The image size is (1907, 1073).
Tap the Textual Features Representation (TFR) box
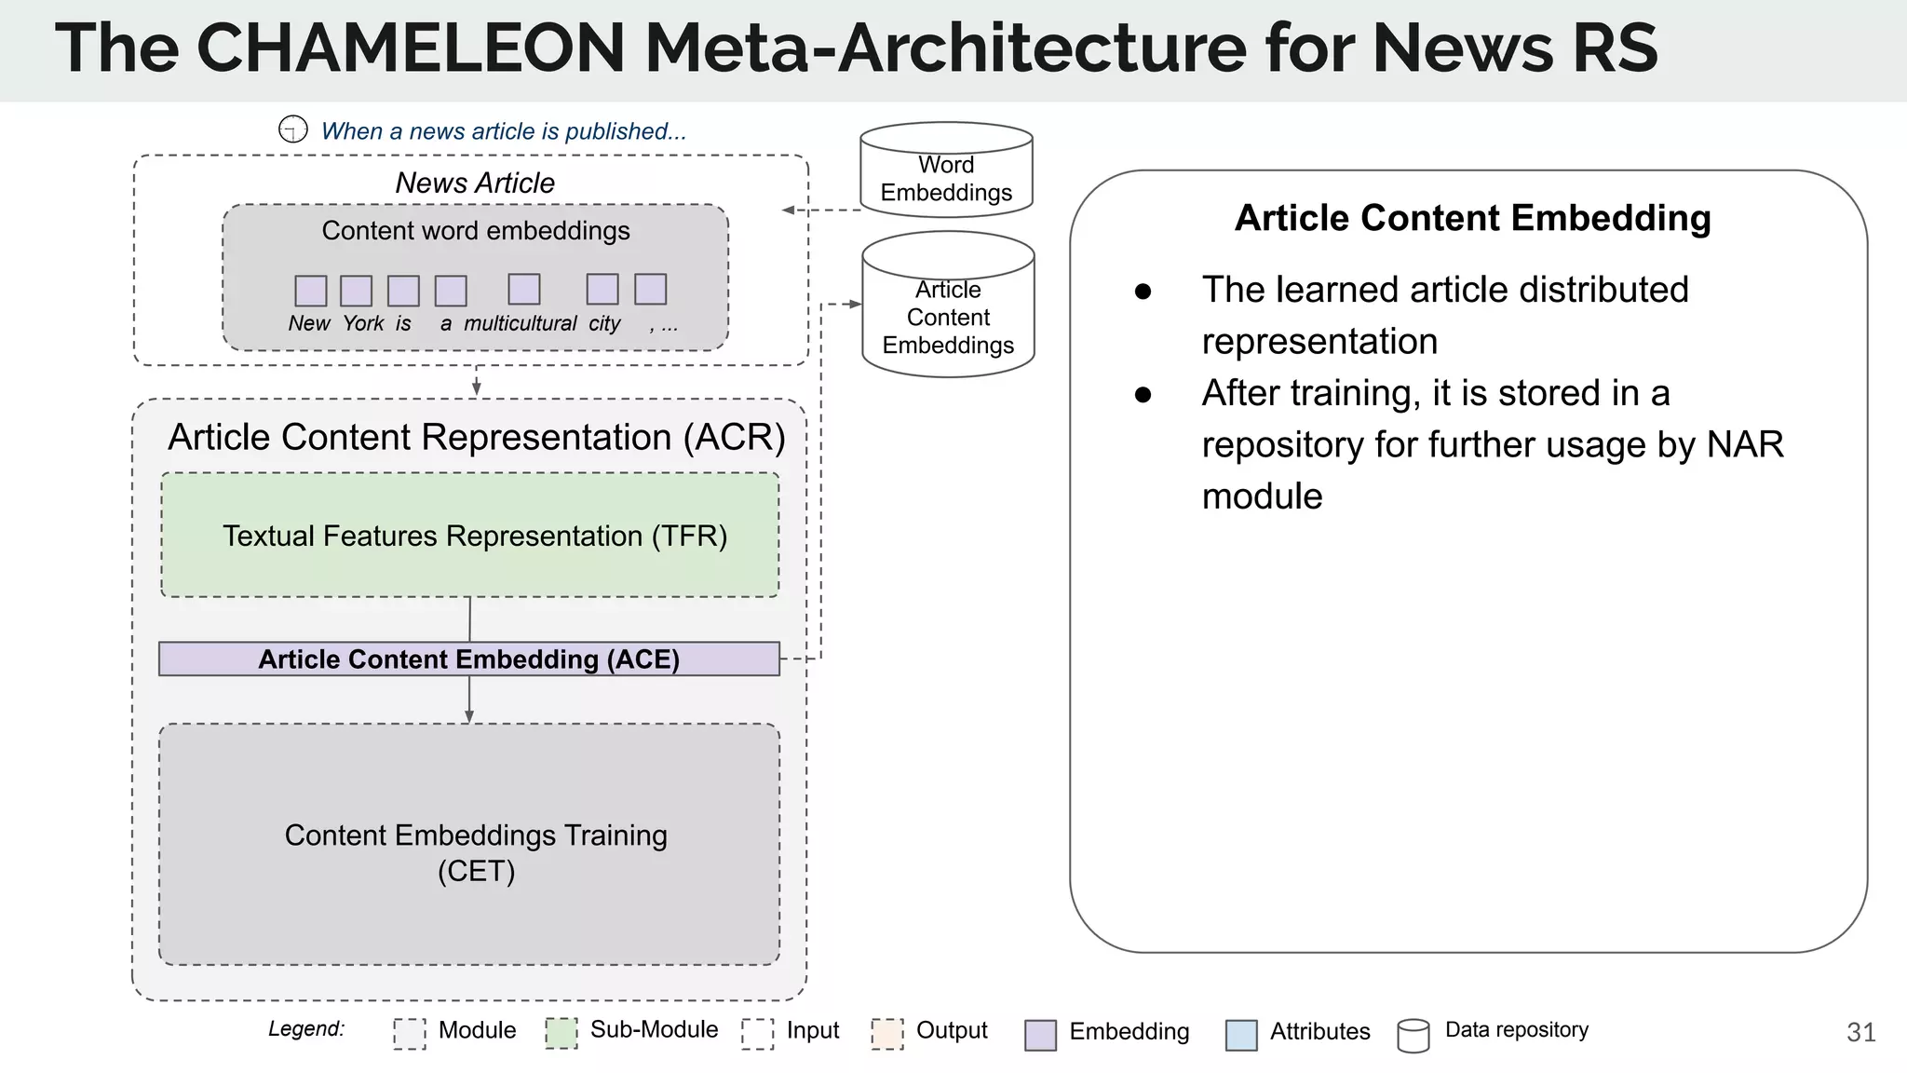(x=470, y=535)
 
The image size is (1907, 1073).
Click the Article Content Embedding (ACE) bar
(x=469, y=659)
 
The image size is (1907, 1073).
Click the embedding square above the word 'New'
(x=311, y=291)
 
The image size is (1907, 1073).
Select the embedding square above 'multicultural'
(x=524, y=289)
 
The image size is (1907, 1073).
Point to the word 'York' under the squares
(x=363, y=323)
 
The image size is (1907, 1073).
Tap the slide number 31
(x=1860, y=1032)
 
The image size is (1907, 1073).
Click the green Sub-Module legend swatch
(x=561, y=1033)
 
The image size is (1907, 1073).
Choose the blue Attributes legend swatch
(x=1241, y=1035)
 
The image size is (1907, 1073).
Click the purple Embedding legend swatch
(x=1040, y=1035)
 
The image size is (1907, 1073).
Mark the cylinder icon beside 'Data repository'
(x=1413, y=1036)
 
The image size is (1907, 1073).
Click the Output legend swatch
(x=887, y=1033)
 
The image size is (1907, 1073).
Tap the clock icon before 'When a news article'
(x=293, y=129)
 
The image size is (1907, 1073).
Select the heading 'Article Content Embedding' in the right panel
(x=1472, y=218)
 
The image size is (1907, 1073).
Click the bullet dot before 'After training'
(x=1143, y=395)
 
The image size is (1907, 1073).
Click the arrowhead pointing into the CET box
(x=469, y=716)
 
